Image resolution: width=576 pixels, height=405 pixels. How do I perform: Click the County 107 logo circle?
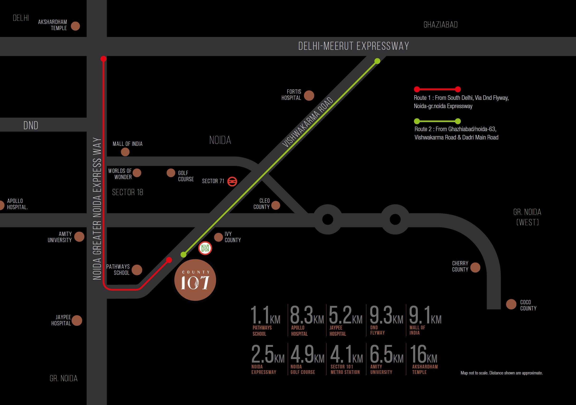(195, 280)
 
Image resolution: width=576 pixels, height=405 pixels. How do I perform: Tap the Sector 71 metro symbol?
(232, 181)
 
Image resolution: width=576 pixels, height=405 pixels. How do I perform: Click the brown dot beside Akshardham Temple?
(75, 26)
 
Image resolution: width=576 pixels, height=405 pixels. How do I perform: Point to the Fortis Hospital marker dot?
(309, 96)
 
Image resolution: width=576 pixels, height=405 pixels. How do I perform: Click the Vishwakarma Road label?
(307, 122)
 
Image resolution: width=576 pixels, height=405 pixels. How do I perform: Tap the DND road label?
(31, 125)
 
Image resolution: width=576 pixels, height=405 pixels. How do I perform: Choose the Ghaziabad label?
(440, 25)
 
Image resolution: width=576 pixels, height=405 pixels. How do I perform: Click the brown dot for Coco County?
(511, 304)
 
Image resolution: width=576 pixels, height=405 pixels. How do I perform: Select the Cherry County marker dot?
(475, 267)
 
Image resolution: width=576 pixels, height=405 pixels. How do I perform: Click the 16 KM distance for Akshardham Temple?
(424, 354)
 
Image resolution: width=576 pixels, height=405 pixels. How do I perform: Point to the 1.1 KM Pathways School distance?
(265, 315)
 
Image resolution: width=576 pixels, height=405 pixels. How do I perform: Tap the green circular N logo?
(205, 248)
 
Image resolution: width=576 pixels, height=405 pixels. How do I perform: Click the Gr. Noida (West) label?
(527, 217)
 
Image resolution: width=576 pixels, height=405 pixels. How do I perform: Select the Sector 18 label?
(127, 193)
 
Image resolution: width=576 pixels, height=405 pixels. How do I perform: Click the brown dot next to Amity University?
(79, 237)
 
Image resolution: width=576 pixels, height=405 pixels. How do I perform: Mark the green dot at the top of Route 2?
(377, 61)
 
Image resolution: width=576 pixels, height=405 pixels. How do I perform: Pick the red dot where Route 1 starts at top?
(103, 59)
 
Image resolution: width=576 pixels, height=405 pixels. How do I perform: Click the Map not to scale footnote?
(501, 373)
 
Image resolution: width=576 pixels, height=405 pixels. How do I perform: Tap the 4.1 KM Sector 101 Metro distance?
(346, 354)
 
